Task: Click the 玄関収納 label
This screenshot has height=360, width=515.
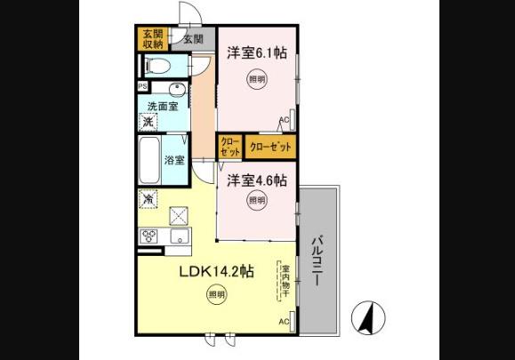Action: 153,38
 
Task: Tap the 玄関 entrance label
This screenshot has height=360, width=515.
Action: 194,38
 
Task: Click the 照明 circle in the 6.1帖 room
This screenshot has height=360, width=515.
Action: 256,79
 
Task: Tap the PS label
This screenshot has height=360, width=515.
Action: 142,86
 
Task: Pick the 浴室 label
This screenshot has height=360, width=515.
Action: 175,160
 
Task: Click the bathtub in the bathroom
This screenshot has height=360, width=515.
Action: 149,160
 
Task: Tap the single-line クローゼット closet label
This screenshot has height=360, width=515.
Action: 270,146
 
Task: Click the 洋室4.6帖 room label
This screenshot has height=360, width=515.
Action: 256,179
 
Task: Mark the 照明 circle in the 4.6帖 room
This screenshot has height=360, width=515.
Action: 256,201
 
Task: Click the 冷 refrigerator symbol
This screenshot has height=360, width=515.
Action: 147,198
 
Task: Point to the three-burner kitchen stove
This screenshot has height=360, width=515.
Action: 148,236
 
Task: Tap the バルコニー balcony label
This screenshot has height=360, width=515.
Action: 317,258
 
